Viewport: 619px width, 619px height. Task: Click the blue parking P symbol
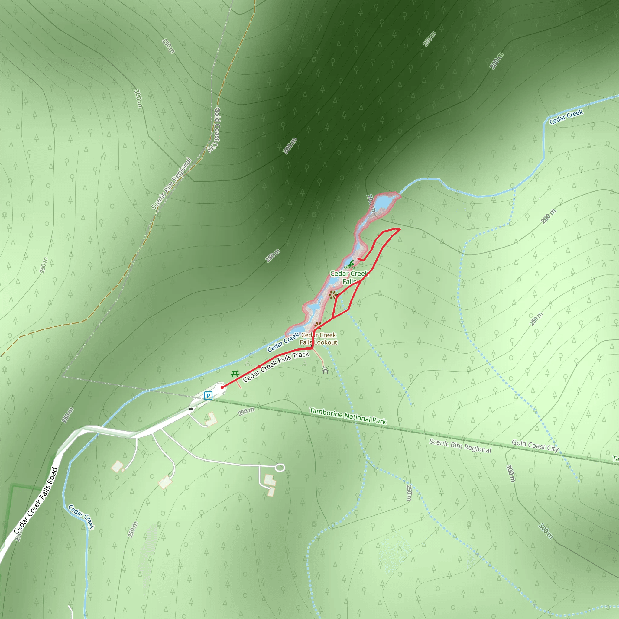click(x=208, y=396)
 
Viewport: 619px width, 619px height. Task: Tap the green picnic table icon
click(x=235, y=374)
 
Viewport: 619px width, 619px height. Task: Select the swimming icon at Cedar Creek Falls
click(x=350, y=265)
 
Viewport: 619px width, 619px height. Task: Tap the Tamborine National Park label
click(x=348, y=416)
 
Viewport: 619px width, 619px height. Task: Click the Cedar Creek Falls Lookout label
click(x=319, y=339)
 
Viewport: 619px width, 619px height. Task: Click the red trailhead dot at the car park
click(x=222, y=387)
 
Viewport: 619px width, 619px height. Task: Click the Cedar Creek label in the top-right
click(x=566, y=117)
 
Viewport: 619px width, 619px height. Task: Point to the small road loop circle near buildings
click(x=280, y=468)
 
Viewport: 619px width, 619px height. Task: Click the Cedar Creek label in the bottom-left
click(x=81, y=517)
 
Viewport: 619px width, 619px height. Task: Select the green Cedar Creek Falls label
click(x=349, y=277)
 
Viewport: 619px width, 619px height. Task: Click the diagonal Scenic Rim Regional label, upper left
click(x=171, y=184)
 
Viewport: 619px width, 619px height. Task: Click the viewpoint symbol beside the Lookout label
click(x=318, y=326)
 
